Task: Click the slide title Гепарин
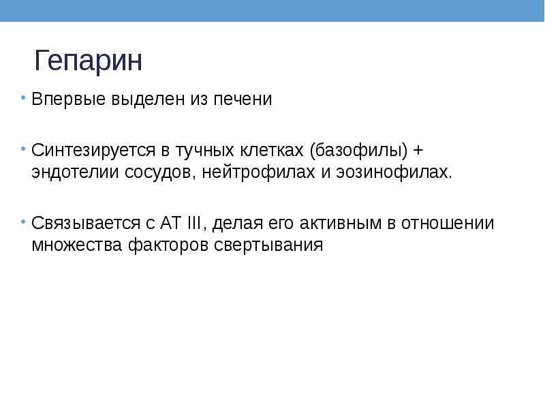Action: click(x=89, y=61)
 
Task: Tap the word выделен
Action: click(x=129, y=100)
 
